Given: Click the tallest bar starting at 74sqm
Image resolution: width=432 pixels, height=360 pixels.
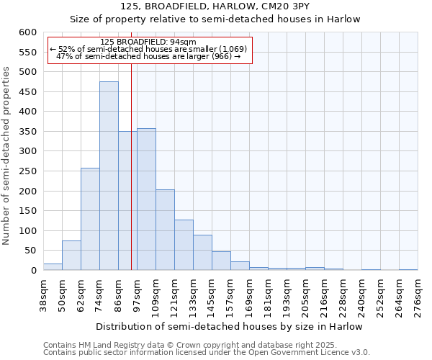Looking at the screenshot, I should (109, 176).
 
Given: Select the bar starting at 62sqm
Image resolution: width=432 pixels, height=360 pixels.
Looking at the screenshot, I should (90, 220).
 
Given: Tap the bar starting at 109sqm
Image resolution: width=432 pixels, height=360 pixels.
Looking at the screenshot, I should (165, 230).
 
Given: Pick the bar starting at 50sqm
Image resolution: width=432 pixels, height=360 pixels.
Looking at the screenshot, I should (71, 256).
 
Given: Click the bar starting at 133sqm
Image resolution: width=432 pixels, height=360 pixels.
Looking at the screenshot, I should (202, 253).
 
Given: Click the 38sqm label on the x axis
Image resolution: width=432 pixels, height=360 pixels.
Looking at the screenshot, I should (44, 296).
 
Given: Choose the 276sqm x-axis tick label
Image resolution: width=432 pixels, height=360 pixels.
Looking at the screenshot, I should (418, 296).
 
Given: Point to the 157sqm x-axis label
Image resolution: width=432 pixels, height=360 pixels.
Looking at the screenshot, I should (231, 296).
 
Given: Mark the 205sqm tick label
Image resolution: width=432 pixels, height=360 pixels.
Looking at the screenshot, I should (306, 296).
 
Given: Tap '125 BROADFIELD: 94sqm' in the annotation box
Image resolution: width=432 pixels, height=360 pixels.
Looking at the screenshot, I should (143, 42).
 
